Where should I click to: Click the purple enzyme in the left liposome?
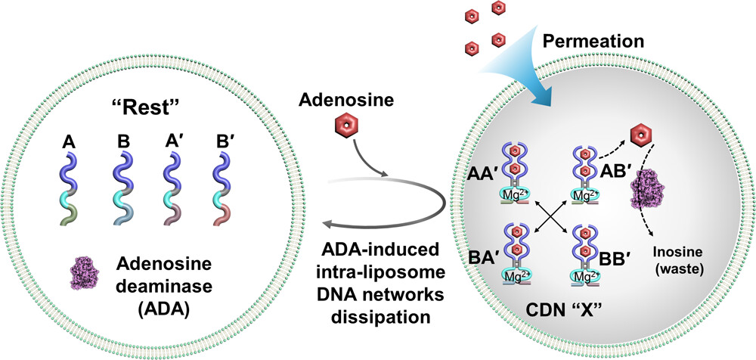point(91,275)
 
